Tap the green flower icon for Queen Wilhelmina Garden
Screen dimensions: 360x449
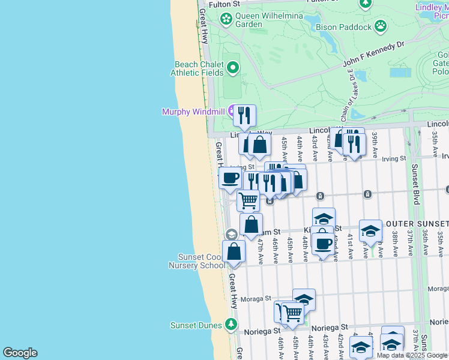click(x=226, y=20)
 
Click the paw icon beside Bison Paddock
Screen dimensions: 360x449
click(x=381, y=26)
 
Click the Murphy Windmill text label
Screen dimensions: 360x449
click(x=192, y=112)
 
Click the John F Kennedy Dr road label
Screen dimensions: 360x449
click(x=375, y=54)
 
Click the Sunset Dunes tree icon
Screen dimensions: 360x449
click(x=231, y=325)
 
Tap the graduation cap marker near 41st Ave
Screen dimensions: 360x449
click(x=370, y=231)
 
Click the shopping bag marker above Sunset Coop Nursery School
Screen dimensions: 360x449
click(x=234, y=251)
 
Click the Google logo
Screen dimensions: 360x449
click(x=20, y=353)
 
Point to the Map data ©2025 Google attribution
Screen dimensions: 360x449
click(x=412, y=355)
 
